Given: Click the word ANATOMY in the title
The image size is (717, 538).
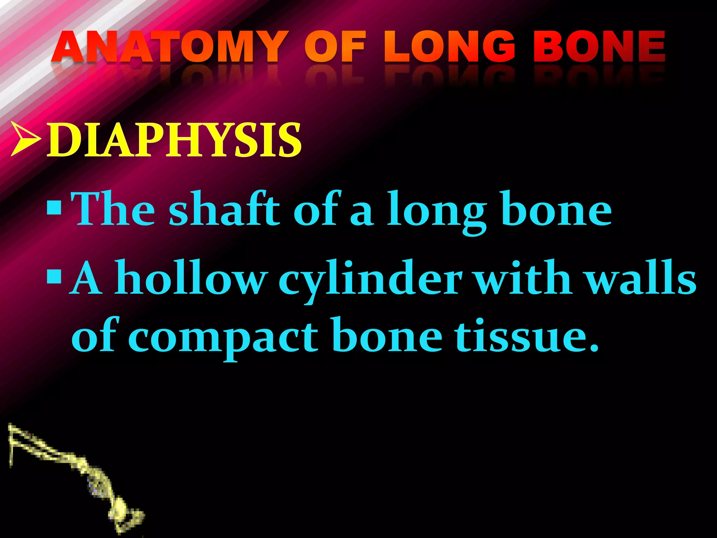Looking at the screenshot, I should click(168, 47).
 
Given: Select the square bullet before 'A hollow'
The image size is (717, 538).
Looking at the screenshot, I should click(54, 277).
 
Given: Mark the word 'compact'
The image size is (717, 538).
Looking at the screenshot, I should click(223, 338).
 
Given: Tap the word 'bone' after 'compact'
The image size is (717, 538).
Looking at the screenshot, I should click(387, 336).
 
